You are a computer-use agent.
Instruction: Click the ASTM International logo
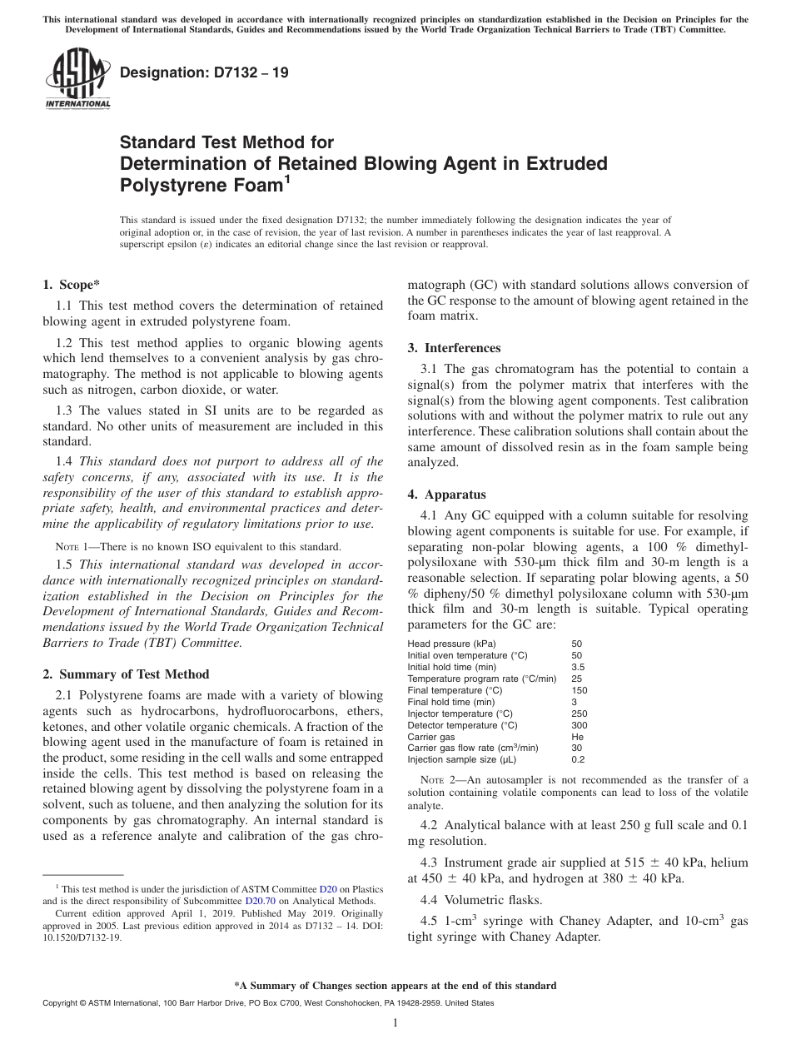coord(77,80)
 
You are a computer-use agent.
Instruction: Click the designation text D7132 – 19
coord(205,72)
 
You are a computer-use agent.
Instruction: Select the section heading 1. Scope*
coord(72,284)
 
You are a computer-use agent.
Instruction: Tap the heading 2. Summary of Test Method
coord(126,674)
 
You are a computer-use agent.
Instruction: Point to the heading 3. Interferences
coord(454,347)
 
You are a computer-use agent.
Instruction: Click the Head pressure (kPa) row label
coord(451,644)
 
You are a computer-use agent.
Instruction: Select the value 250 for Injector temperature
coord(579,713)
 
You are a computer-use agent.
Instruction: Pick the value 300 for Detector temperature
coord(579,725)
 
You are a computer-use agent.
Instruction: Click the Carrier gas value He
coord(577,737)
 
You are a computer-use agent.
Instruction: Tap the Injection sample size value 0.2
coord(578,760)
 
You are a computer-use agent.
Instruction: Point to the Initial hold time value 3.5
coord(578,667)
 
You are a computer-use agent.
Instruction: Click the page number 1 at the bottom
coord(395,1022)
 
